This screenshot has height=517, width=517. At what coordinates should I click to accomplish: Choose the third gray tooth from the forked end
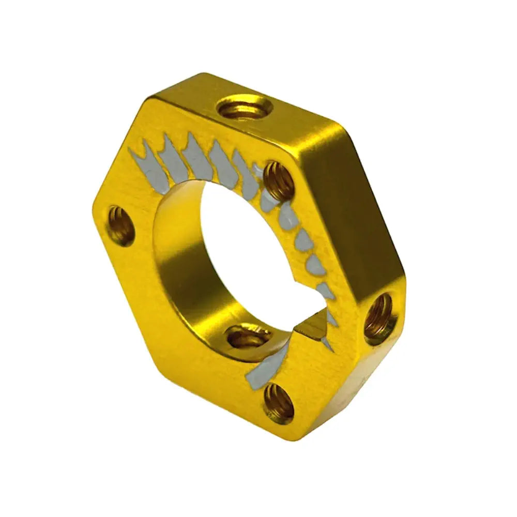click(x=196, y=155)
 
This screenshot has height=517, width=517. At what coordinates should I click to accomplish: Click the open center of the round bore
click(x=243, y=243)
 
